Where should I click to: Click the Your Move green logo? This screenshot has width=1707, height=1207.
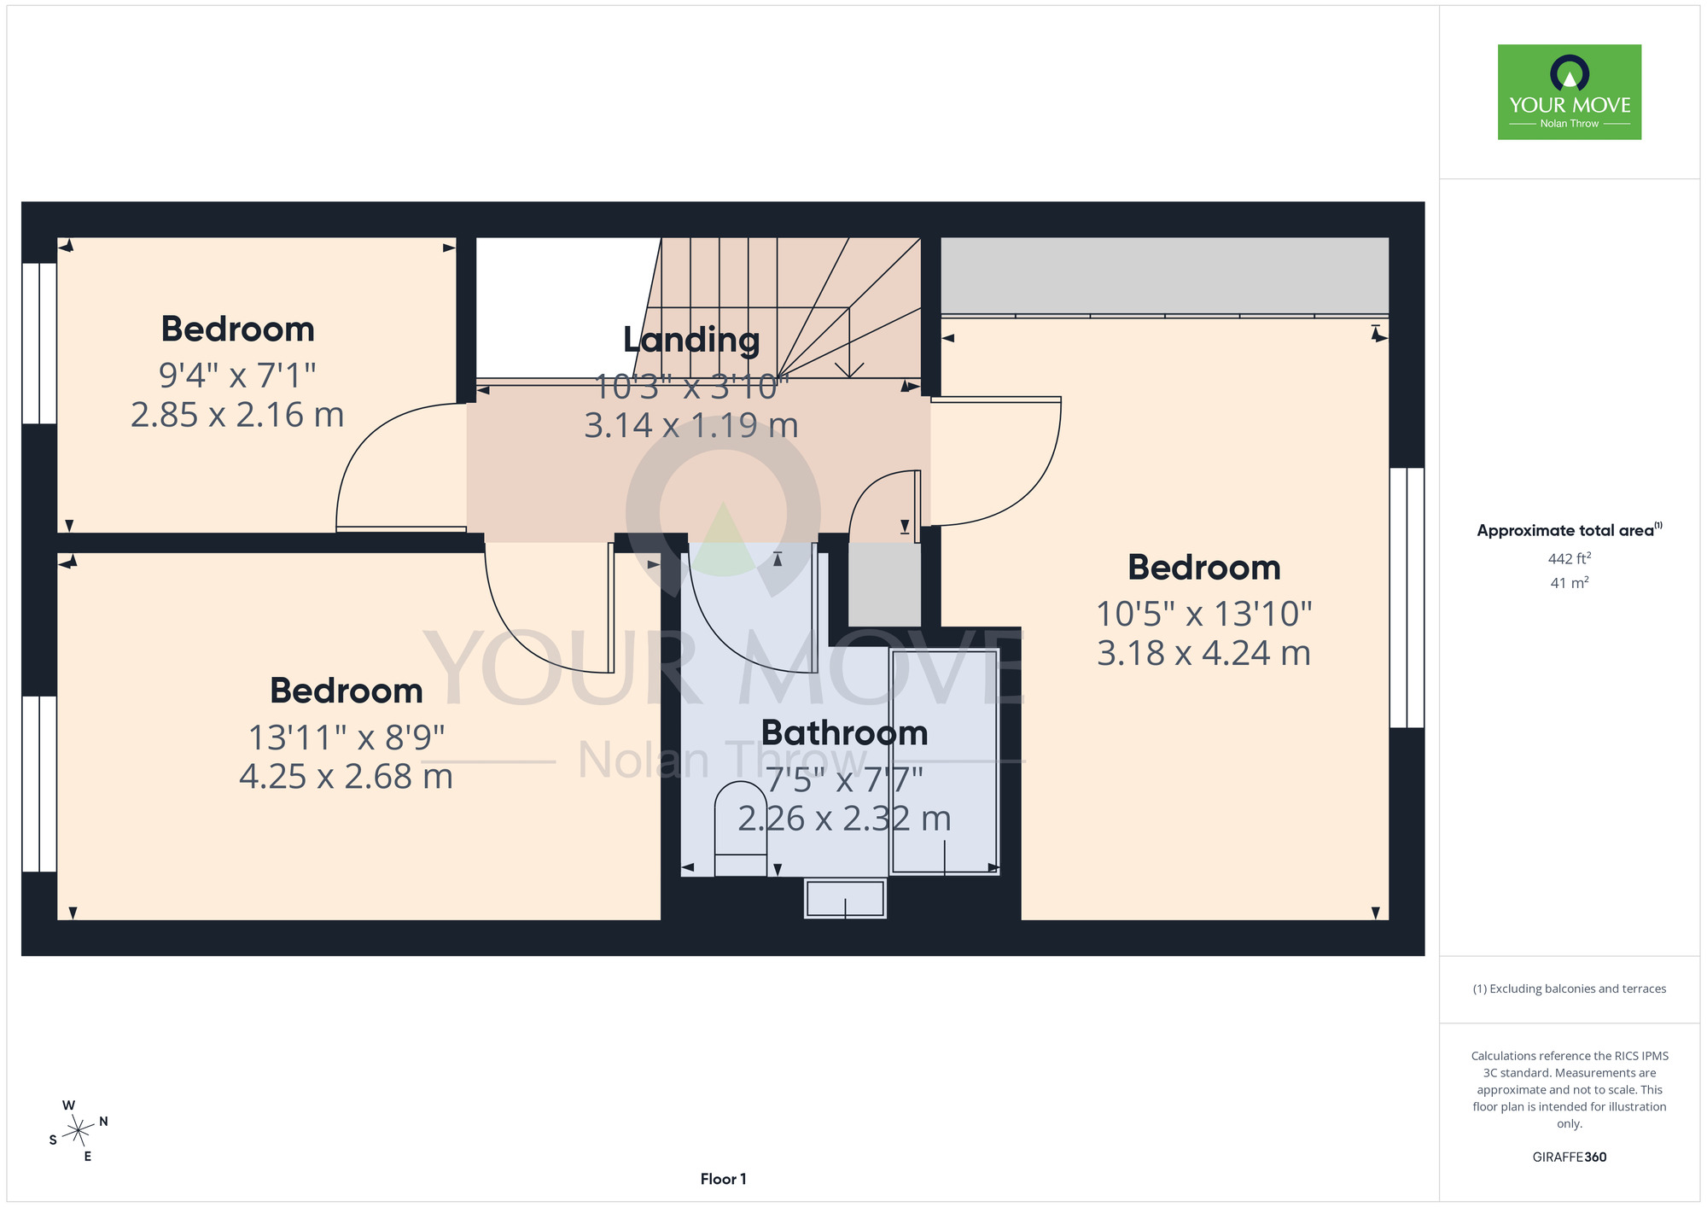[x=1569, y=92]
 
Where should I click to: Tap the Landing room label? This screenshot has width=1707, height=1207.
[x=691, y=340]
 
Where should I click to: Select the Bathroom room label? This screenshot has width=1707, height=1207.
[x=844, y=733]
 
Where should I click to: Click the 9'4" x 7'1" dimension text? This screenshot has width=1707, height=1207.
[x=237, y=375]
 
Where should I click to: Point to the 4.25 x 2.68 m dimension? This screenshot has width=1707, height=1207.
[x=346, y=777]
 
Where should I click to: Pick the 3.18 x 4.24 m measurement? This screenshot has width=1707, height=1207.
[x=1203, y=654]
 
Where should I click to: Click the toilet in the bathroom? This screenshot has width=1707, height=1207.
[x=740, y=829]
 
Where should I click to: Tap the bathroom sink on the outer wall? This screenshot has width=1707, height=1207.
[x=845, y=899]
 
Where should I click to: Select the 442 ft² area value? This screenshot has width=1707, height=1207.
[x=1569, y=558]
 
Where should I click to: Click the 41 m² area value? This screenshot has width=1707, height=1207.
[x=1569, y=583]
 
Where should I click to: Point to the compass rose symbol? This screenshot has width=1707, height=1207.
[x=78, y=1131]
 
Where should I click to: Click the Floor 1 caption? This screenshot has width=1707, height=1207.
[x=723, y=1179]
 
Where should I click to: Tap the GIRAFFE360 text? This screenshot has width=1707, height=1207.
[x=1569, y=1157]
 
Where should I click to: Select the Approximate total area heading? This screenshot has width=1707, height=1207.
[x=1569, y=530]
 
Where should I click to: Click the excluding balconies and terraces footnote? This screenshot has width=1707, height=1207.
[x=1569, y=988]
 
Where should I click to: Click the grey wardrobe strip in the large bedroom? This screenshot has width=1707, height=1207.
[x=1164, y=276]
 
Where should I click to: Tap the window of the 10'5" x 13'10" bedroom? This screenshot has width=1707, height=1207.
[x=1407, y=598]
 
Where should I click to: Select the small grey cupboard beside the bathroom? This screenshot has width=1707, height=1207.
[x=884, y=584]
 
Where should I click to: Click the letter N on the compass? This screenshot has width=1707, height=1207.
[x=103, y=1122]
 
